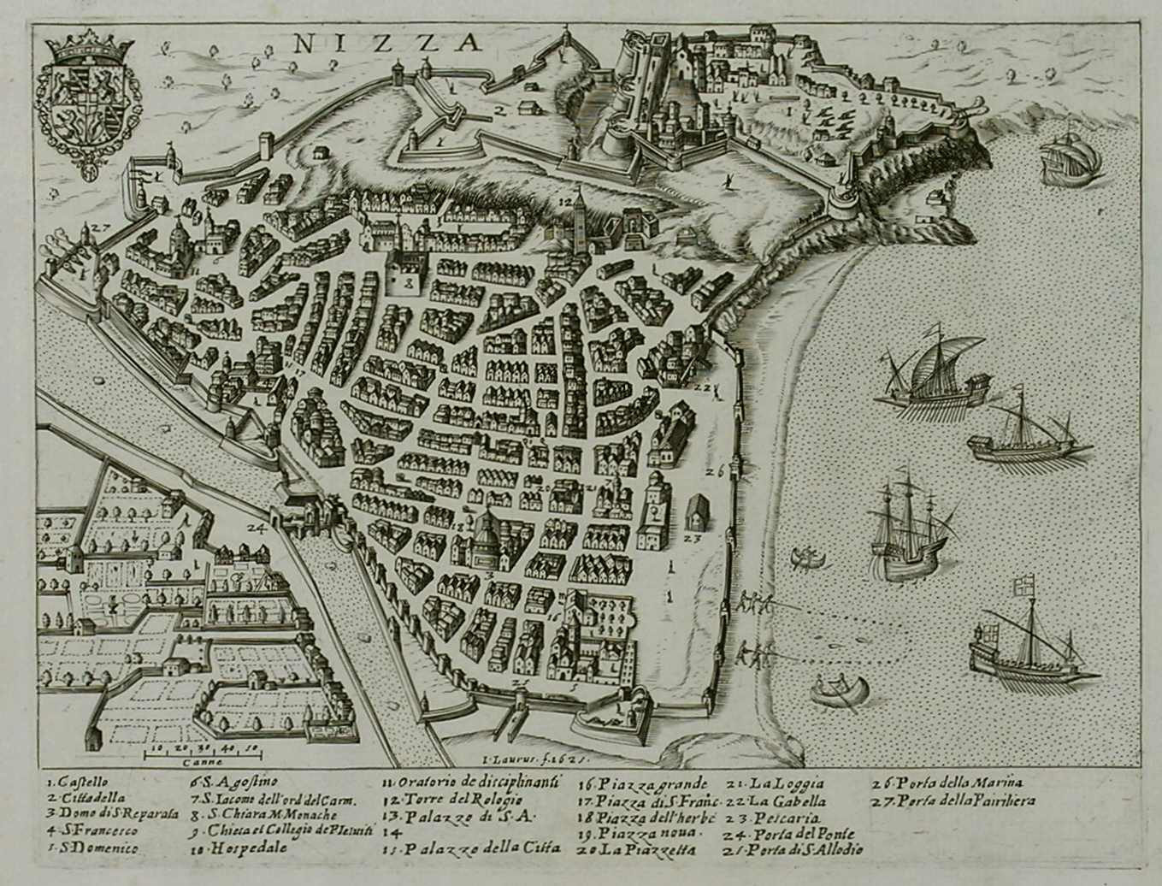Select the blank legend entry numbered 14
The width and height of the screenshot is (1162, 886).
pos(390,831)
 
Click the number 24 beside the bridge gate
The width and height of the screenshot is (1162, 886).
pos(256,527)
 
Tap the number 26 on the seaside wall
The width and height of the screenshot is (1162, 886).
pos(716,470)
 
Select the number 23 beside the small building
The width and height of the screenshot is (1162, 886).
pos(693,540)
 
